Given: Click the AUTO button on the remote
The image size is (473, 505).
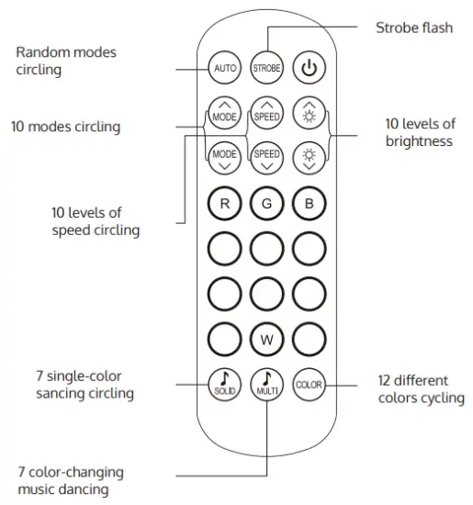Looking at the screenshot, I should (x=224, y=69).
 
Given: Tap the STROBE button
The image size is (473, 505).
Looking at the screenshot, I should (x=267, y=69).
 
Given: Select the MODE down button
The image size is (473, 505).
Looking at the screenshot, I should (x=224, y=157).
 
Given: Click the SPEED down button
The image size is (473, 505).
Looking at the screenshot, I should (x=267, y=157).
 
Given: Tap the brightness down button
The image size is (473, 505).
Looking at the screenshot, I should (x=310, y=157).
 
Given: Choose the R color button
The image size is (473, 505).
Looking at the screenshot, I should (x=224, y=204).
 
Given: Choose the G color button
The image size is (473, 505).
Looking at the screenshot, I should (x=267, y=204).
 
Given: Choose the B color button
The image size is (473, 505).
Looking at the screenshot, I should (x=310, y=204).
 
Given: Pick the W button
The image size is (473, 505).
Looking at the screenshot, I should (x=267, y=340).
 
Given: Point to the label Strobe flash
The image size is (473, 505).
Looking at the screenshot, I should (x=413, y=28).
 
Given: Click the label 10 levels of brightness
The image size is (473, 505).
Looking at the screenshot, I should (x=420, y=132).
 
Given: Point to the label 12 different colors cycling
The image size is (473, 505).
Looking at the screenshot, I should (x=421, y=388).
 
